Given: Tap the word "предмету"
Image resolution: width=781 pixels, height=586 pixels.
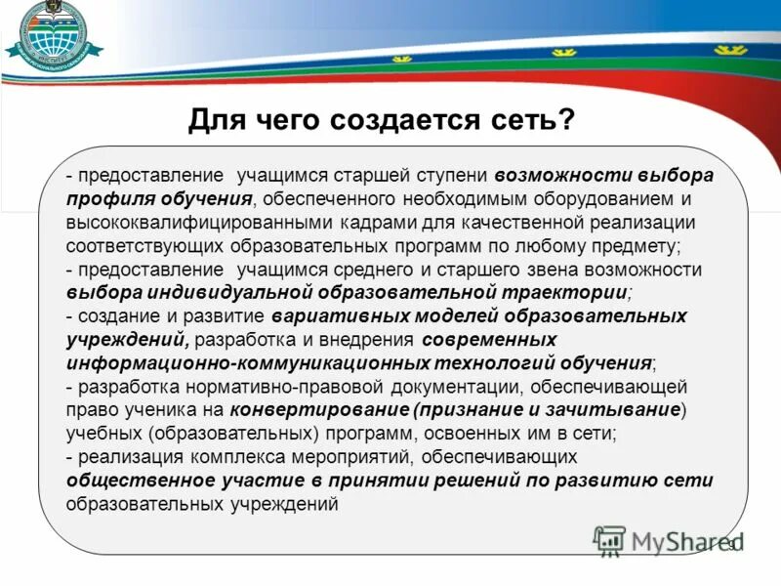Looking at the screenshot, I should point(640,246).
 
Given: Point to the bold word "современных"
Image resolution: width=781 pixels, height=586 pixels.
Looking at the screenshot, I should point(491,340).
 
